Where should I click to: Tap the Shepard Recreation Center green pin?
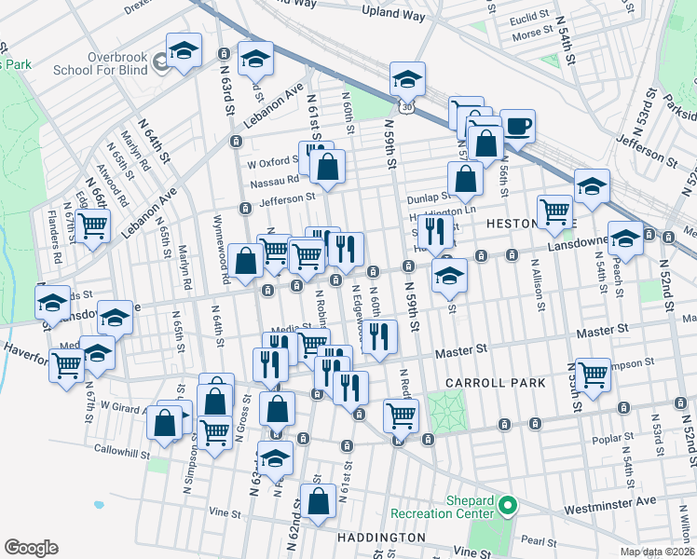pos(507,507)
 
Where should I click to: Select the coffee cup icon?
pos(517,125)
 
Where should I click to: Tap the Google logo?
pos(32,547)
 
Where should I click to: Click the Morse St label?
pos(533,34)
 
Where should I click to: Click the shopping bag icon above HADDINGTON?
pos(318,500)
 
